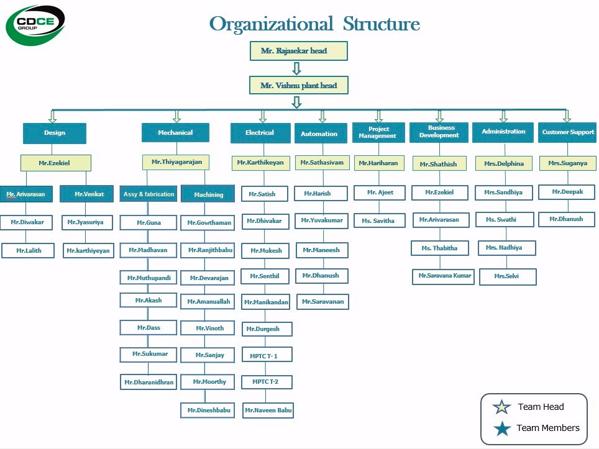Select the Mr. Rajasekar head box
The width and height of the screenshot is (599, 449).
(x=298, y=51)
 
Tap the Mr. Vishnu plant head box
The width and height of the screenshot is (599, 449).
(x=298, y=85)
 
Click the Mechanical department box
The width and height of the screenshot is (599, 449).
(x=175, y=133)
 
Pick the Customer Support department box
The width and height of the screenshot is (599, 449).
(x=567, y=132)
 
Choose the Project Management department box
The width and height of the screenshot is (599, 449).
(x=378, y=132)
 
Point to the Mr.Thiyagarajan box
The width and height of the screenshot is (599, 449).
(x=176, y=162)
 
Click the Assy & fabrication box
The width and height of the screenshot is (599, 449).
(x=149, y=194)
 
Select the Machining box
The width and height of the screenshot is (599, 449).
(x=208, y=194)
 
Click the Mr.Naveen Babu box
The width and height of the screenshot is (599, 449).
(x=268, y=410)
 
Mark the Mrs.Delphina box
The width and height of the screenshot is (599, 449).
(x=504, y=164)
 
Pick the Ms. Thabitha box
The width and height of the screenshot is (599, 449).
(x=439, y=248)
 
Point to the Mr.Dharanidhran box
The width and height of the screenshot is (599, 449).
(x=149, y=382)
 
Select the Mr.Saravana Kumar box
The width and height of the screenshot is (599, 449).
(x=444, y=276)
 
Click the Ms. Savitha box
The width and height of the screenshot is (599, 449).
(x=378, y=220)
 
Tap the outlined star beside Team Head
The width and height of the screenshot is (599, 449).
(x=501, y=407)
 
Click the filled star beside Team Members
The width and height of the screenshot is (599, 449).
(x=501, y=428)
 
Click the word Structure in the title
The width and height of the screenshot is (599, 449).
(x=382, y=24)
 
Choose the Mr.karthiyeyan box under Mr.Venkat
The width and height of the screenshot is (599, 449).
(x=88, y=251)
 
